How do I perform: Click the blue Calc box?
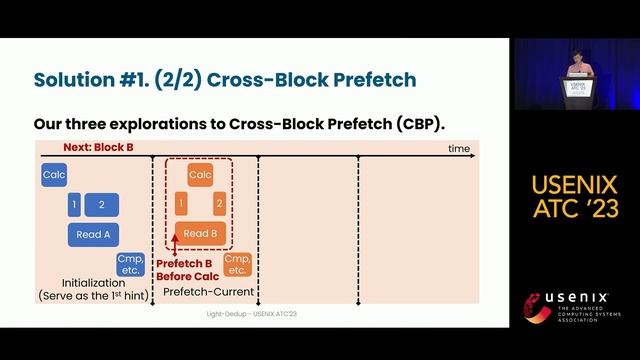tap(54, 176)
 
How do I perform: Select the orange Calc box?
tap(200, 176)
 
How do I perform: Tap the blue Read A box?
tap(93, 234)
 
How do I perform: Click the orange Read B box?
tap(200, 234)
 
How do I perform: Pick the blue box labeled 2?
tap(102, 205)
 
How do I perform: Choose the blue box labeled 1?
tap(73, 205)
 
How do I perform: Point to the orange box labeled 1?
tap(180, 205)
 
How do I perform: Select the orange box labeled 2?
tap(219, 205)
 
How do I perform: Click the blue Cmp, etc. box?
tap(131, 265)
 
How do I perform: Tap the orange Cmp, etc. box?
tap(237, 265)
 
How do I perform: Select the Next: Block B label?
tap(98, 148)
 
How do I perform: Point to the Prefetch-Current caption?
tap(209, 291)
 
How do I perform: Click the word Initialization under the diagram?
tap(93, 283)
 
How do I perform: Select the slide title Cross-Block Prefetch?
tap(225, 79)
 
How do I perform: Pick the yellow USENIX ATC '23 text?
tap(575, 196)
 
